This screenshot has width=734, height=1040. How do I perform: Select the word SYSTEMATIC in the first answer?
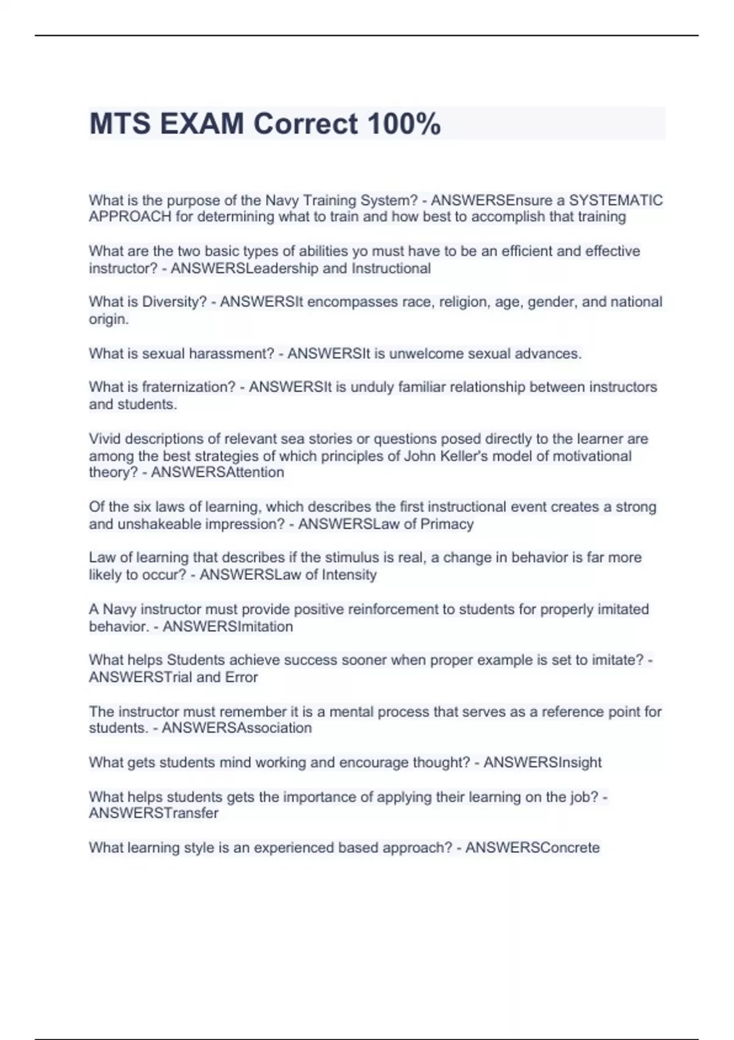(x=616, y=200)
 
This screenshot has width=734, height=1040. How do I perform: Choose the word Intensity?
(x=349, y=574)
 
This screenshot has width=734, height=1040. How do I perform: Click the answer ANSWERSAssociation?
(x=237, y=728)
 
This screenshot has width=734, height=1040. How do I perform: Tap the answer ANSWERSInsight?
(x=543, y=762)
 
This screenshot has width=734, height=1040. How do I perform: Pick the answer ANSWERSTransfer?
(x=154, y=813)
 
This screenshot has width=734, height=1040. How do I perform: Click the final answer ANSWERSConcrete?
(x=532, y=847)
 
